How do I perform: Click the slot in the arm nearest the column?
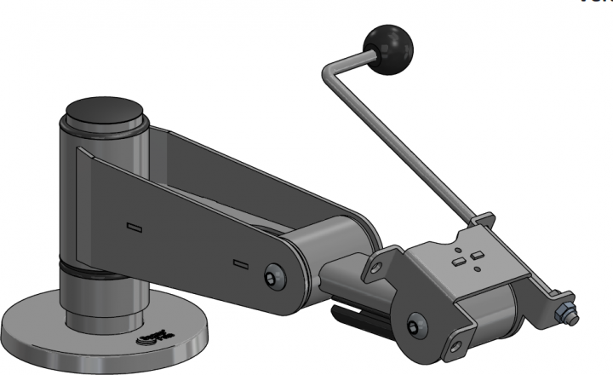coord(133,227)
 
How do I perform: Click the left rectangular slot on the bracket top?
coord(460,262)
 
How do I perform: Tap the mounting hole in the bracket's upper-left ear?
coord(371,274)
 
